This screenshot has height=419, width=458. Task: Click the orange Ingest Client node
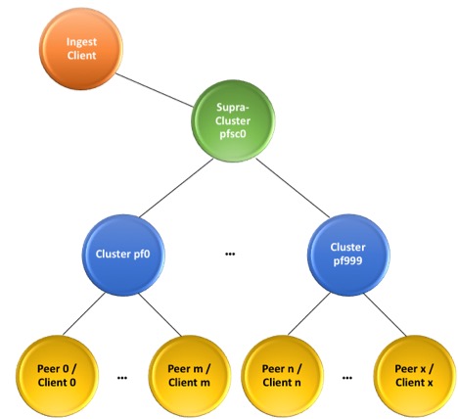tap(81, 49)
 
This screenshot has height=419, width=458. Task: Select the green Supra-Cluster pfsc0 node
tap(233, 120)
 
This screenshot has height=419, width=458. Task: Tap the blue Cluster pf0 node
tap(123, 255)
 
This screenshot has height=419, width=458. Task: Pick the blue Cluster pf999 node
tap(348, 255)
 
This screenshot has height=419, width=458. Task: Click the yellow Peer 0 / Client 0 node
tap(57, 376)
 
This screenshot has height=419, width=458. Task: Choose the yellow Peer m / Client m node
tap(190, 376)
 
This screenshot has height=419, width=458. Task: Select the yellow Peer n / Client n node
tap(282, 376)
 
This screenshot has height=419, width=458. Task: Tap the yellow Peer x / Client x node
tap(414, 376)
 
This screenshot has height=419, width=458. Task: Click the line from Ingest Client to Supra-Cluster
tap(155, 90)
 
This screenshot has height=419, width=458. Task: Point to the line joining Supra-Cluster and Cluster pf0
tap(176, 188)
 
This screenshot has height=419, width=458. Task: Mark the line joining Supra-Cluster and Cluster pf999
tap(293, 188)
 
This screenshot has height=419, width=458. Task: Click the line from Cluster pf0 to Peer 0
tap(84, 314)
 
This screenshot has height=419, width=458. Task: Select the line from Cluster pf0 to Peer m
tap(160, 314)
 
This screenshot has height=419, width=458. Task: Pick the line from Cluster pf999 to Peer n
tap(309, 313)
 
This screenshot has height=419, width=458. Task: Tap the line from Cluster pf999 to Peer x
tap(385, 314)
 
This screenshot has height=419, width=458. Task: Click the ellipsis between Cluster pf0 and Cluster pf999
tap(230, 254)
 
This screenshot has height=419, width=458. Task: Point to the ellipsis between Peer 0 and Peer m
tap(122, 378)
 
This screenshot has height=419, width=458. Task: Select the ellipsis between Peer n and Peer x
tap(347, 378)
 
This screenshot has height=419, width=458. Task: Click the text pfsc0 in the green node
tap(233, 134)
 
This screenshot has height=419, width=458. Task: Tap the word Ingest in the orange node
tap(81, 42)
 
